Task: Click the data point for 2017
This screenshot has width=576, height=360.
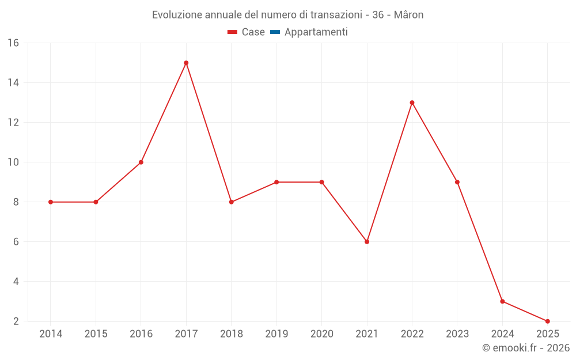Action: (186, 63)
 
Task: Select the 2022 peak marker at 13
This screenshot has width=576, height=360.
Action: (412, 103)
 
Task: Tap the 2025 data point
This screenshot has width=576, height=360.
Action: (547, 321)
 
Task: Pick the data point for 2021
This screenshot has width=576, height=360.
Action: (367, 241)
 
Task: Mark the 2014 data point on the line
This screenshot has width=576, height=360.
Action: (51, 202)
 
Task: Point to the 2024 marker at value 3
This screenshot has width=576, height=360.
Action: (502, 301)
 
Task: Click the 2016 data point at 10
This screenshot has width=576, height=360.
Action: (141, 162)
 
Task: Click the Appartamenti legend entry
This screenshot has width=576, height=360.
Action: (316, 32)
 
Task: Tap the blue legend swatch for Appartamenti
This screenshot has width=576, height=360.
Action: (275, 32)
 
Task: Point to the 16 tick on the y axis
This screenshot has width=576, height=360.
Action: (13, 43)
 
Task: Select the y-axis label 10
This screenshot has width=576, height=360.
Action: (13, 162)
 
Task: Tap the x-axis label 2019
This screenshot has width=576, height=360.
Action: (276, 334)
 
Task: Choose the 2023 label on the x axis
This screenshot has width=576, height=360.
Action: (457, 334)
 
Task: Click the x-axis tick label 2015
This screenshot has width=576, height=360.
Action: (96, 334)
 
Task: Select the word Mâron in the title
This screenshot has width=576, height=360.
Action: (409, 15)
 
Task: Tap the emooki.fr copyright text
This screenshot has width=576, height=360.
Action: (525, 348)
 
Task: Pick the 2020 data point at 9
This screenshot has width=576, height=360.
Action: (321, 182)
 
